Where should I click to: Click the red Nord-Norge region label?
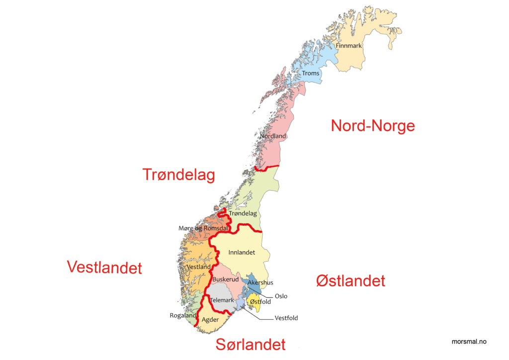[373, 126]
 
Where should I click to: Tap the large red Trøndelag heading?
[178, 175]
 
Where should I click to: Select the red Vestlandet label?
[104, 268]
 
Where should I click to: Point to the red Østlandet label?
[350, 281]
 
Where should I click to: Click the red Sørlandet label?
[251, 344]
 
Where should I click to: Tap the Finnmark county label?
[349, 46]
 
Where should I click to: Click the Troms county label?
[311, 74]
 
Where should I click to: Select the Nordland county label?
[273, 136]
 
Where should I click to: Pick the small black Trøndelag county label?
[243, 213]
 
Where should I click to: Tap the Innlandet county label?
[242, 253]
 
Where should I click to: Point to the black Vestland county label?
[198, 267]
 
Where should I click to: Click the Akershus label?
[260, 283]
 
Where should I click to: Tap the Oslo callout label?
[281, 296]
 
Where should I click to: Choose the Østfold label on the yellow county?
[260, 302]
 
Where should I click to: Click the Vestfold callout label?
[286, 318]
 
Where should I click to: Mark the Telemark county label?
[222, 300]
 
